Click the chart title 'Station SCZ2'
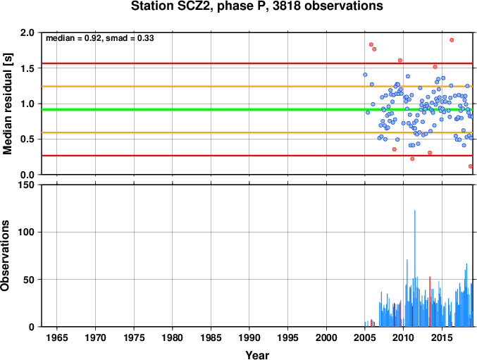(x=173, y=6)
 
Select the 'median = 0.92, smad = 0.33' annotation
(x=100, y=38)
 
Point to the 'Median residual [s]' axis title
(x=7, y=104)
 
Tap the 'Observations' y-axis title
(x=5, y=256)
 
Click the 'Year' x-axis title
(x=257, y=354)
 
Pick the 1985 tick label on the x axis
(x=211, y=337)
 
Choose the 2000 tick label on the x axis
(x=326, y=337)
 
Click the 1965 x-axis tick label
(x=57, y=337)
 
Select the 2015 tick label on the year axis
(x=442, y=337)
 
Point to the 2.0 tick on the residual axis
(x=27, y=33)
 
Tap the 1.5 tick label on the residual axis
(x=27, y=68)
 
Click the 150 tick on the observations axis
(x=26, y=185)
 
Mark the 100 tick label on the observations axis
(x=26, y=232)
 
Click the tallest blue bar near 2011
(x=414, y=268)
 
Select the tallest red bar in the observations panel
(x=430, y=302)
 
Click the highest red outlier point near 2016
(x=452, y=40)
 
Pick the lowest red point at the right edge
(x=471, y=166)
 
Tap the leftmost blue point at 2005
(x=365, y=75)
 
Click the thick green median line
(x=257, y=109)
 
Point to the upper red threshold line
(x=257, y=63)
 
